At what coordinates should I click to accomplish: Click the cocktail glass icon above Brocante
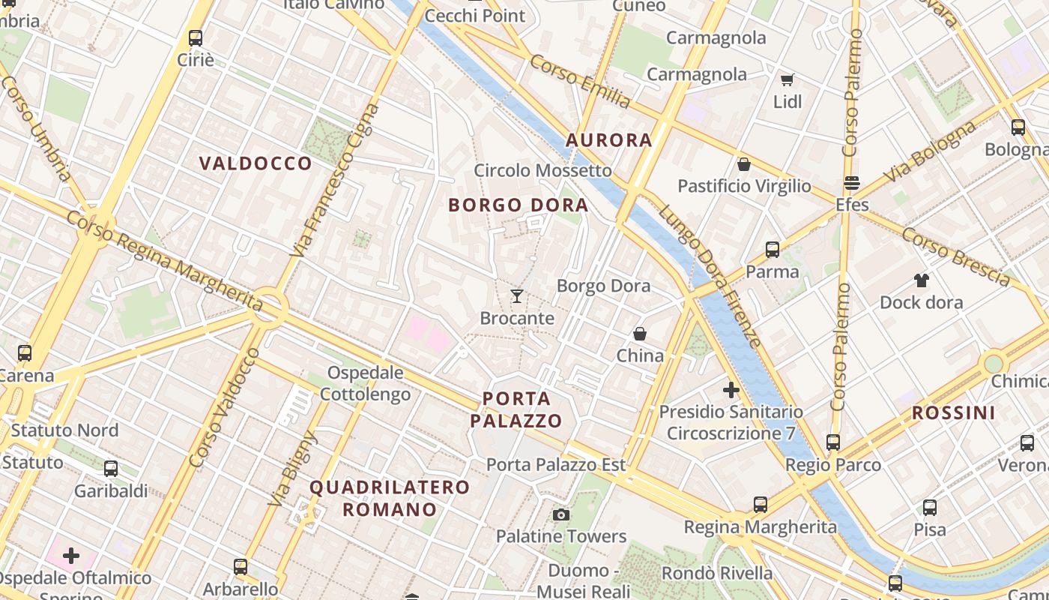517,296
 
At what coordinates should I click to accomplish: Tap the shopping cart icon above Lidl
787,79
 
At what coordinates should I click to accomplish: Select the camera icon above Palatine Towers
560,514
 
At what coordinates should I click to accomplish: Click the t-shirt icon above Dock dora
921,280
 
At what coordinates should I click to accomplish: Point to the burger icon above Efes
852,183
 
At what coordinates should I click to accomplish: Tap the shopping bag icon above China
640,334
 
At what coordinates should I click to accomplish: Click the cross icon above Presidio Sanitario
731,390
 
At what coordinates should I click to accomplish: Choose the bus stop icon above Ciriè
196,37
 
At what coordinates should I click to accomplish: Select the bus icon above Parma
773,250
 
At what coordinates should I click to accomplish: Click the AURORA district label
608,140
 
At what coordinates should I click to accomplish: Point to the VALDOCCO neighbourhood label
256,163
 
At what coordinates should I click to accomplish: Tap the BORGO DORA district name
518,205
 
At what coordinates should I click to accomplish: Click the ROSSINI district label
953,412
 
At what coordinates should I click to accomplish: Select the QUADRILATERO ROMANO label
390,498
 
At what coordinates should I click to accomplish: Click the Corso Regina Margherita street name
165,259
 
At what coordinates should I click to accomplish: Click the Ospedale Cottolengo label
366,383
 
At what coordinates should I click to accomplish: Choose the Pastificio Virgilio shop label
744,186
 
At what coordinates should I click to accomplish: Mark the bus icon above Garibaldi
111,469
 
